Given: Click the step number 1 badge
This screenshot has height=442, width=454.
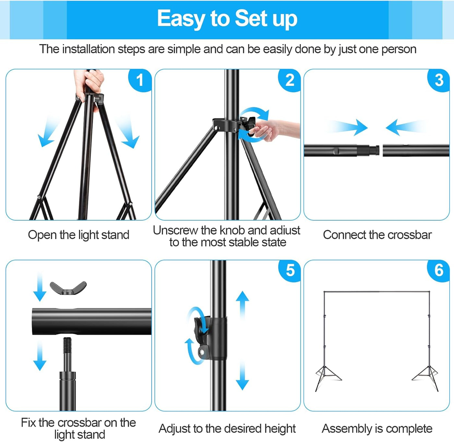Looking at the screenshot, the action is pyautogui.click(x=140, y=80).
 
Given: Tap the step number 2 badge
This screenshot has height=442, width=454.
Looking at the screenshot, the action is pyautogui.click(x=289, y=80).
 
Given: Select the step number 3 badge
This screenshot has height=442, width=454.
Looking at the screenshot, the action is pyautogui.click(x=439, y=80).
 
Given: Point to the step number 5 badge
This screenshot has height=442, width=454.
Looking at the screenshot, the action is pyautogui.click(x=290, y=270).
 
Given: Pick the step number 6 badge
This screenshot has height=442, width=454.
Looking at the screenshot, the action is pyautogui.click(x=439, y=270).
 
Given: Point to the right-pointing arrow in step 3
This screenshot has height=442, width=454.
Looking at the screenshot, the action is pyautogui.click(x=348, y=127).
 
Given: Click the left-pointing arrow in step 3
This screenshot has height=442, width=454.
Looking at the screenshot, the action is pyautogui.click(x=406, y=127).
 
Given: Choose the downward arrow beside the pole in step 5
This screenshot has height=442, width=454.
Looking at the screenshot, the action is pyautogui.click(x=242, y=375).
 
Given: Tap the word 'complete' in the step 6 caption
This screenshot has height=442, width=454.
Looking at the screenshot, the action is pyautogui.click(x=408, y=429).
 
